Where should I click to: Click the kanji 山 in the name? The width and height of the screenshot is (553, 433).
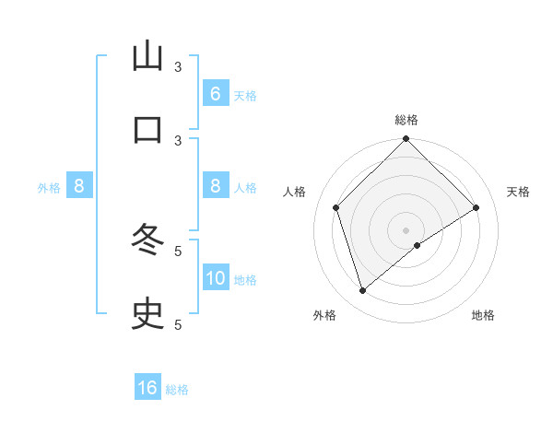(x=147, y=57)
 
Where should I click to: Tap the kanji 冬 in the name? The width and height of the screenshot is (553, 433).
(x=147, y=240)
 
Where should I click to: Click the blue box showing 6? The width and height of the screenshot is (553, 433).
(x=216, y=94)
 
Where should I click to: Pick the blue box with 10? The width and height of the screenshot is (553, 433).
(x=216, y=278)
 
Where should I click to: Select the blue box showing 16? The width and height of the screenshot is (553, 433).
(x=147, y=388)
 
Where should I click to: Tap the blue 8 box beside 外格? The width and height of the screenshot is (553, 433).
(x=79, y=186)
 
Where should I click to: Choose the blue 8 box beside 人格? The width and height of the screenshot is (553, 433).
(x=216, y=186)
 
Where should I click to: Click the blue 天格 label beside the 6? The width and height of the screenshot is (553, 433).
(x=245, y=95)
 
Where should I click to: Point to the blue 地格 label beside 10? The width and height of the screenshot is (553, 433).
(x=245, y=279)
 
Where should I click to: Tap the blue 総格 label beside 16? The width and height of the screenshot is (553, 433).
(x=177, y=389)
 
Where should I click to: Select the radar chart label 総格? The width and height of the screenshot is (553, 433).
(x=406, y=120)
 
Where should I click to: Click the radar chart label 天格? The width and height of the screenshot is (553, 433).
(x=518, y=192)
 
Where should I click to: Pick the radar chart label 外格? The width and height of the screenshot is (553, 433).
(x=324, y=315)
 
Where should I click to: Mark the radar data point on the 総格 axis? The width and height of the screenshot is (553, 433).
(x=406, y=140)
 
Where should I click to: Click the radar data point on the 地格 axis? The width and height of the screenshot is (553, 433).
(x=418, y=245)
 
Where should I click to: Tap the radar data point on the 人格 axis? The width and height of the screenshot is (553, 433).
(x=336, y=207)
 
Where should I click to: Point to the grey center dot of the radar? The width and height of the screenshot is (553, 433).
(x=406, y=229)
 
